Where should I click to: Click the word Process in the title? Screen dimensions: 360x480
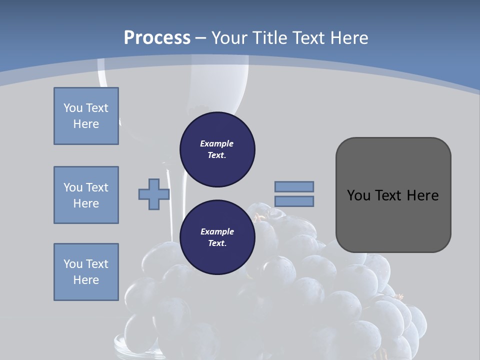click(x=157, y=37)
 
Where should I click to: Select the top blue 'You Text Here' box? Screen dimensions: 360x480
click(x=86, y=116)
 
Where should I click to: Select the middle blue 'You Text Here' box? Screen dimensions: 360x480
click(x=86, y=195)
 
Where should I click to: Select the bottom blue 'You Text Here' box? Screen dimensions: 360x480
click(x=86, y=272)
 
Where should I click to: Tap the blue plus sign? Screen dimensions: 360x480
click(x=154, y=194)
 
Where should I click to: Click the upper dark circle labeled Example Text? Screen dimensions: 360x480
click(x=217, y=149)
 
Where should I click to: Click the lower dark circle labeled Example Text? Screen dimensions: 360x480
click(x=217, y=237)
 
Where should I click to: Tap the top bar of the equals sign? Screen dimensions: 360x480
click(x=294, y=186)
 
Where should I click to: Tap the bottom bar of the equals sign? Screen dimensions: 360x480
click(x=294, y=201)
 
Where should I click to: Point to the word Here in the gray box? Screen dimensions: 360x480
click(x=422, y=195)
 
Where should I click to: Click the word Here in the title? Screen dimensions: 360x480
click(x=349, y=37)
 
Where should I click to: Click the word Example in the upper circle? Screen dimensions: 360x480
click(x=217, y=143)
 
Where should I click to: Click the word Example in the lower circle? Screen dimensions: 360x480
click(x=217, y=231)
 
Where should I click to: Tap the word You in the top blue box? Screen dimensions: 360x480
click(x=72, y=108)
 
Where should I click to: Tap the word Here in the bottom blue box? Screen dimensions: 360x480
click(x=86, y=280)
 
